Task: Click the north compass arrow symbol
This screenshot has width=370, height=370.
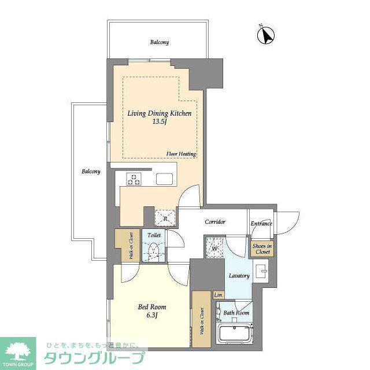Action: pos(266,35)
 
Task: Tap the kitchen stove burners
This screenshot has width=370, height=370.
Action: pos(134,179)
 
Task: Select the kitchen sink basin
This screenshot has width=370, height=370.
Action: pos(164,179)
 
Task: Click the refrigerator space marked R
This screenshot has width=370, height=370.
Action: pos(165,219)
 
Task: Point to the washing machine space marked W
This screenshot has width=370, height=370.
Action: pos(214,247)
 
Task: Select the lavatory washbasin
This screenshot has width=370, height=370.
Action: pos(261,271)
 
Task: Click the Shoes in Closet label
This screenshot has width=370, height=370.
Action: pos(262,249)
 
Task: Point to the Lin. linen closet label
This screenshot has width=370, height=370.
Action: pos(219,295)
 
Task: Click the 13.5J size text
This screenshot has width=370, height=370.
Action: pos(160,122)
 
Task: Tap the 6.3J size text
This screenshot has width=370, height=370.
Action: pos(152,315)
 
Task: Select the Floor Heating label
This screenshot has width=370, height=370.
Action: pos(181,154)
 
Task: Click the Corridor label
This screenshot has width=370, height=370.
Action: pos(215,221)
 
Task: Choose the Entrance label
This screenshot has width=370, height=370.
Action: pos(261,223)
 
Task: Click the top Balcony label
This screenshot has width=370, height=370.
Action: pos(160,42)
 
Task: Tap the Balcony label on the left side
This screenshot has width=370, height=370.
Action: pos(91,171)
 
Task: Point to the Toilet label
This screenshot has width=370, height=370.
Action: pos(154,235)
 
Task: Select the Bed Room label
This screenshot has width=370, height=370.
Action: pos(152,307)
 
